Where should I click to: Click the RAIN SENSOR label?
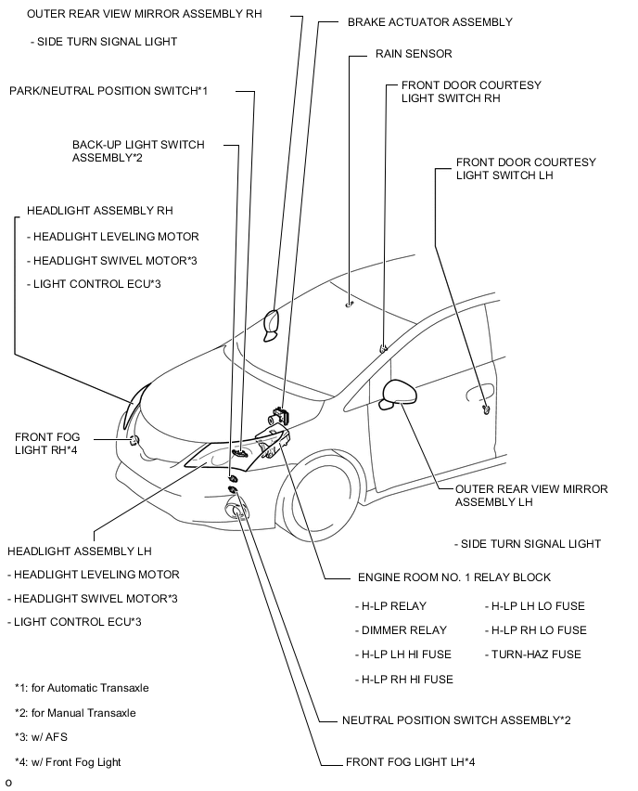(414, 55)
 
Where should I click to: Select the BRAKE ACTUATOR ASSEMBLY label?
(429, 21)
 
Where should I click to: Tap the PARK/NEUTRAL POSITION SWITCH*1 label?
(108, 91)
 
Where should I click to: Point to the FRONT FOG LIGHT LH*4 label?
(410, 763)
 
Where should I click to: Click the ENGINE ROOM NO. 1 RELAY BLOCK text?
(453, 577)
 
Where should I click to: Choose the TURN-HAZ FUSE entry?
(533, 655)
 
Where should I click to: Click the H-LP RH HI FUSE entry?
(404, 680)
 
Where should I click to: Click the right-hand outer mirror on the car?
(273, 321)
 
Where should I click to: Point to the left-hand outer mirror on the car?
(400, 393)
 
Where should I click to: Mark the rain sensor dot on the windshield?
(349, 303)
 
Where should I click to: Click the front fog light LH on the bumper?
(237, 509)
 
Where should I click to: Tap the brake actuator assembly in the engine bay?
(278, 414)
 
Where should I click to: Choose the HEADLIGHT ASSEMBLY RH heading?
(100, 212)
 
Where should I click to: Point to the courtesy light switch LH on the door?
(486, 408)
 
